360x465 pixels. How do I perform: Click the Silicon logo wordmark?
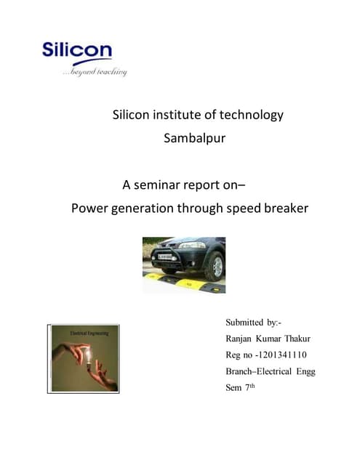pos(76,51)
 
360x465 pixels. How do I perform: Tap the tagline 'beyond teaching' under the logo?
pos(95,71)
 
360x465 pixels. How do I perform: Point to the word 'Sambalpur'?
pos(195,138)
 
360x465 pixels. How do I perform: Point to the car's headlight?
pos(193,246)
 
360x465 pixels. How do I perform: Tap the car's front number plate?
pos(161,255)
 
